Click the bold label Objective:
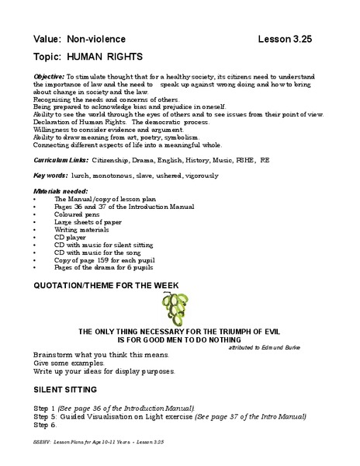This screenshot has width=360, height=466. point(50,78)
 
